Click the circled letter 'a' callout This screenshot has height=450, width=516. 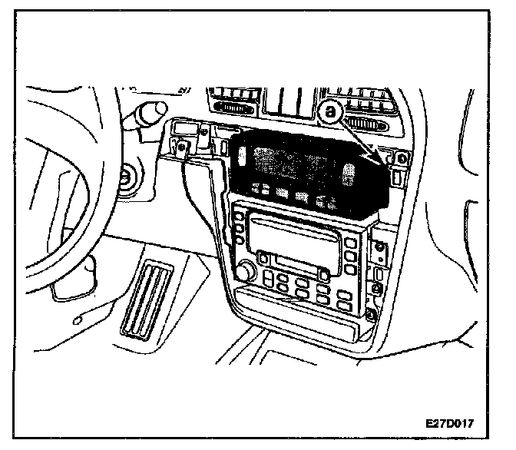click(331, 112)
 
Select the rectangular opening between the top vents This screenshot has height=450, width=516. click(288, 102)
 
